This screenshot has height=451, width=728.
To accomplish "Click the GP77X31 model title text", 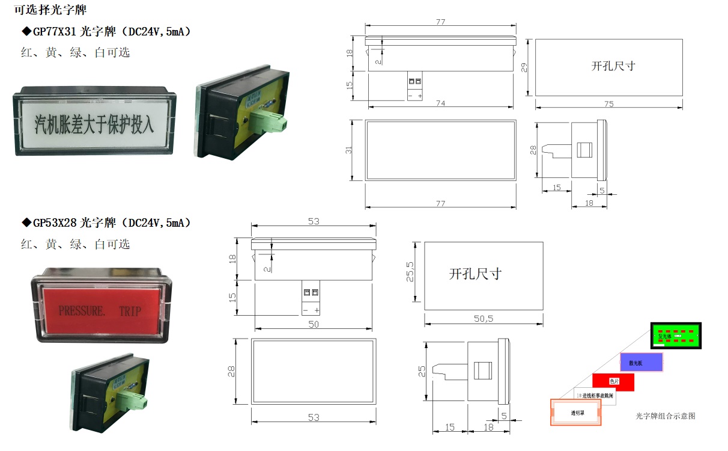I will [x=106, y=31].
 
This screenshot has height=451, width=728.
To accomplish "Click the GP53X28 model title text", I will [x=106, y=223].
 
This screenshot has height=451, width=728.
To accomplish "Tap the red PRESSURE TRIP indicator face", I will [x=100, y=310].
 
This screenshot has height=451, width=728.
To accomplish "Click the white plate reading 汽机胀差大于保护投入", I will [x=94, y=124].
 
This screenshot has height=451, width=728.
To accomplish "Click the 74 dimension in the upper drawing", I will [x=440, y=103].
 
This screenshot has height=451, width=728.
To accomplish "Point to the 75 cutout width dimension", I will [x=608, y=104].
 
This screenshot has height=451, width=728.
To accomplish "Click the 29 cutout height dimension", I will [x=524, y=67].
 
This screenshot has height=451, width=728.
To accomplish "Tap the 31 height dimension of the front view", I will [x=349, y=150].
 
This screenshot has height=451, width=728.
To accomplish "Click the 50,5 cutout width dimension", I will [x=483, y=319].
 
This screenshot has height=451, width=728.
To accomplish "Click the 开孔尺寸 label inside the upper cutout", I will [x=613, y=66].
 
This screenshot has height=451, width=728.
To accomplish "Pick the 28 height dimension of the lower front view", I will [x=231, y=372].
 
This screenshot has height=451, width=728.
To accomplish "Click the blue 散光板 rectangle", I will [x=642, y=362].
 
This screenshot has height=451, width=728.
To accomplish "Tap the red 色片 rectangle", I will [x=613, y=382].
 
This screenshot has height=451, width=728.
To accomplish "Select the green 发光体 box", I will [x=677, y=335].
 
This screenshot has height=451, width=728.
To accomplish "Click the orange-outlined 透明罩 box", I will [x=577, y=413].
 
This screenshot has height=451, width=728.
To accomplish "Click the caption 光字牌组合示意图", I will [x=665, y=416].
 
